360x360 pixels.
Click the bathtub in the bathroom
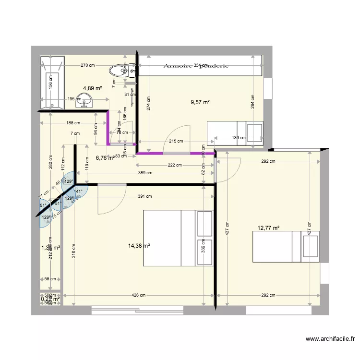[52, 83]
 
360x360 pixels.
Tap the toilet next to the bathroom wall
[118, 71]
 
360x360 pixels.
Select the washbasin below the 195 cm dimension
[87, 102]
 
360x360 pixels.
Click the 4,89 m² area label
[93, 88]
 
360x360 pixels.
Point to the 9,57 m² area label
[201, 102]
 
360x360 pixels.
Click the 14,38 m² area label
[139, 246]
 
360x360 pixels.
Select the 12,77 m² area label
[268, 228]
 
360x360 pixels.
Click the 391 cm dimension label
[145, 196]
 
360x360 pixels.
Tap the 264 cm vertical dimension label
[252, 101]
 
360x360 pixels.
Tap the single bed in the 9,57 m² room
[235, 133]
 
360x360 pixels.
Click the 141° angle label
[77, 191]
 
